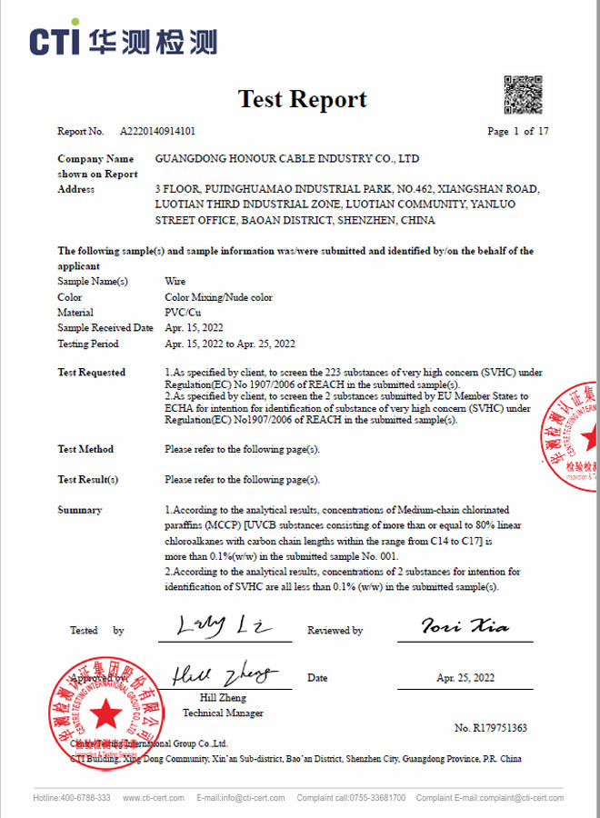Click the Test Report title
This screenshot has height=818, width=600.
coord(303,99)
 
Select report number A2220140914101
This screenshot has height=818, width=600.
coord(158,131)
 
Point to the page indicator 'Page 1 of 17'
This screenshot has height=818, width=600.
coord(517,131)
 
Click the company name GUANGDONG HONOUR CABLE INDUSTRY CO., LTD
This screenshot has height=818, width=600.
coord(287,158)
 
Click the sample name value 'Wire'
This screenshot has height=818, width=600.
coord(175,282)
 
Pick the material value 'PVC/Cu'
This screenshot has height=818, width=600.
coord(180,313)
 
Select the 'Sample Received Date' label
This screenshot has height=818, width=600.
coord(105,328)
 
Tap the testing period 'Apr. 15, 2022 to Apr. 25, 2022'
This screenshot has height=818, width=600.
coord(230,344)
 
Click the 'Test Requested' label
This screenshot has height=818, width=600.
coord(92,373)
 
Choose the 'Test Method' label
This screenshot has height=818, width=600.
coord(85,449)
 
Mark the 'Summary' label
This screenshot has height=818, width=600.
coord(80,510)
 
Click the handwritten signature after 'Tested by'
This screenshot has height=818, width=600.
coord(220,626)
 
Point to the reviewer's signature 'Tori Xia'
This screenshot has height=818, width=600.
coord(465,626)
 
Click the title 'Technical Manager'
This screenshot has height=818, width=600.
coord(223,713)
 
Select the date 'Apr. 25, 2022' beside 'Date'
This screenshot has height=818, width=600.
coord(465,678)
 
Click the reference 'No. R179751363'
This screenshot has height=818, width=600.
coord(491,728)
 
